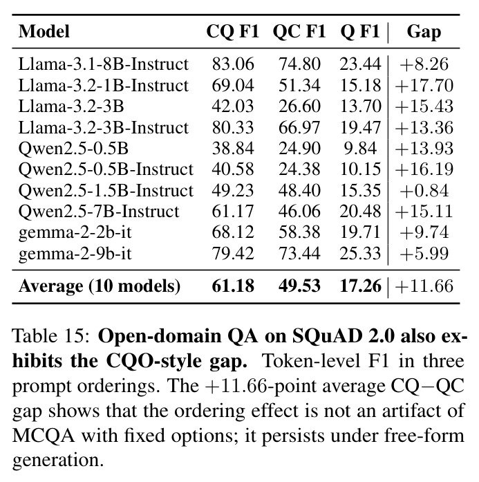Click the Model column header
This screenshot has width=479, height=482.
click(44, 31)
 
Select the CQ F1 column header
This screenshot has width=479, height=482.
click(232, 31)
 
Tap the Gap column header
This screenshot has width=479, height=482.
click(424, 32)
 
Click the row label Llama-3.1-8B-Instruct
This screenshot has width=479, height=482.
click(103, 64)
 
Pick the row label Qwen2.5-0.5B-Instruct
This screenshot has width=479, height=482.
click(106, 169)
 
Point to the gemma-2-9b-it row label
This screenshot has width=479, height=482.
click(75, 254)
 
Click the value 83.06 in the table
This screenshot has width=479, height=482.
click(233, 64)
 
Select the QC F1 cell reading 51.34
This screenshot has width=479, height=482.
click(299, 85)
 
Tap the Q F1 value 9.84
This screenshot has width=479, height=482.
click(360, 149)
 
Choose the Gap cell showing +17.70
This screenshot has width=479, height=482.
click(424, 86)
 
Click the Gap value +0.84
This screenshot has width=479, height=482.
click(424, 191)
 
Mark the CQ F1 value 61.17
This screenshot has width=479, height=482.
click(233, 212)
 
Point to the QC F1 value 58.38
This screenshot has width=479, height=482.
click(299, 232)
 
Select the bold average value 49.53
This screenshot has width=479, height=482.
click(299, 286)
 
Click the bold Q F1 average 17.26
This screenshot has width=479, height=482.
click(360, 286)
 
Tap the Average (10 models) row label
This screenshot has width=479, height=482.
click(100, 286)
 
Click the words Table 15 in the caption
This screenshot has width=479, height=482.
click(51, 335)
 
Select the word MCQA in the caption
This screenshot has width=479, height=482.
click(44, 436)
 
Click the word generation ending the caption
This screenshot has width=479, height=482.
click(57, 461)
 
